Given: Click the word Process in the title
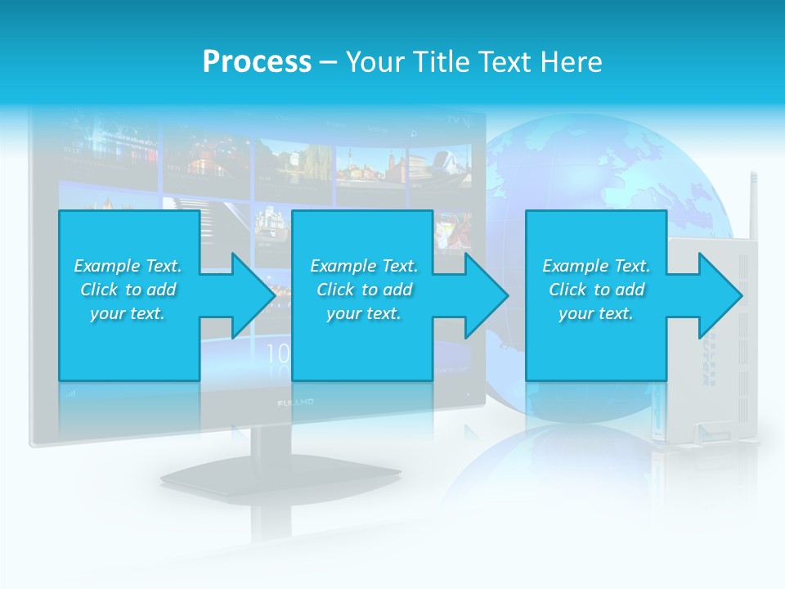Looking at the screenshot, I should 257,62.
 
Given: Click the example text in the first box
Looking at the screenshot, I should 128,290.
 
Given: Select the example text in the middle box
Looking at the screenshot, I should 364,290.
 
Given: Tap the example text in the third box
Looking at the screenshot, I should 596,290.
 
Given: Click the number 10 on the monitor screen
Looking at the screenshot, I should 278,353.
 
